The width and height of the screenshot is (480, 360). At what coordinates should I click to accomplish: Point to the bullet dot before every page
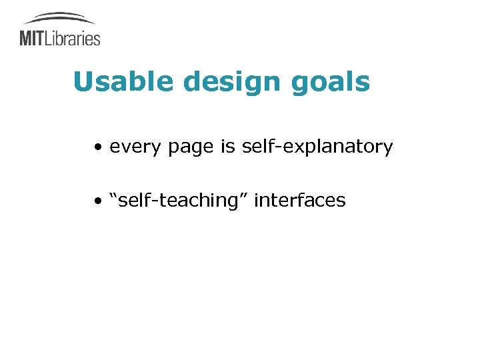[x=98, y=147]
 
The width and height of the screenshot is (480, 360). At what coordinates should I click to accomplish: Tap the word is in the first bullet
[x=227, y=146]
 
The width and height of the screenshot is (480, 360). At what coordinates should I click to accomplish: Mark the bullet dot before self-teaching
[x=98, y=200]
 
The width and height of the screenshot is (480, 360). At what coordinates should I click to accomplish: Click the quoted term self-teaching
[x=179, y=200]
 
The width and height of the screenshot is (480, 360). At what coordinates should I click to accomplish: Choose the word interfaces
[x=300, y=199]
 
